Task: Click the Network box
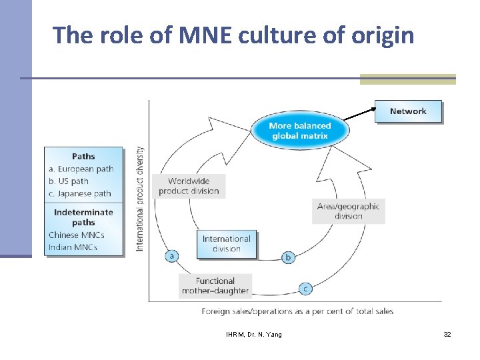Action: point(408,111)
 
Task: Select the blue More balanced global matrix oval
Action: point(299,131)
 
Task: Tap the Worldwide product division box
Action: point(189,186)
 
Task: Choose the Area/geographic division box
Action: point(348,211)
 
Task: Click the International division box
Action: point(227,244)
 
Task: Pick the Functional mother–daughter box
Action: point(215,285)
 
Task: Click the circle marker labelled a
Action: point(172,256)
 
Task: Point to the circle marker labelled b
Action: point(289,257)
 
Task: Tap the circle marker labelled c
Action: point(305,289)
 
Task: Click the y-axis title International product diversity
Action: point(140,199)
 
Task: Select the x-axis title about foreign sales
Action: point(297,311)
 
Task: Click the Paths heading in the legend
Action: point(83,156)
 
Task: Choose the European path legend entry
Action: point(81,169)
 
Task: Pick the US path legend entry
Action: point(69,181)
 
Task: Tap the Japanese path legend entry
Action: point(80,194)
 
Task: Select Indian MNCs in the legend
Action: point(73,247)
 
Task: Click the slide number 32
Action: point(447,334)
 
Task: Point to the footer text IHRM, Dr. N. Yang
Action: point(253,334)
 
